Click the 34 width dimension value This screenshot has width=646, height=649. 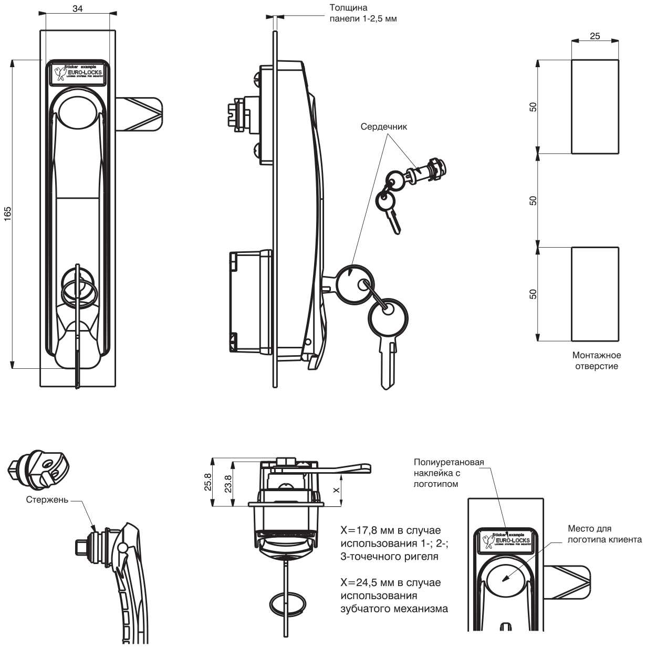tap(77, 8)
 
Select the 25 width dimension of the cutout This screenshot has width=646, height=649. tap(595, 36)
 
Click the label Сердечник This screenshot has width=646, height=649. tap(383, 126)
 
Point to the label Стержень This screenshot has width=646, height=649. tap(47, 499)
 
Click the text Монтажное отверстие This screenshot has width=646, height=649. tap(596, 361)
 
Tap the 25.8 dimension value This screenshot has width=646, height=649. tap(207, 482)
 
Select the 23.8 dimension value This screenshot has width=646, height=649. tap(227, 483)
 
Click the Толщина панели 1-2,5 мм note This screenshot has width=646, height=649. tap(362, 13)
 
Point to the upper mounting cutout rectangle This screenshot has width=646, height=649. tap(595, 107)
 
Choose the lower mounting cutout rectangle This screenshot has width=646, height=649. tap(595, 294)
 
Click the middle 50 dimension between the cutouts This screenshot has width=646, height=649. tap(533, 200)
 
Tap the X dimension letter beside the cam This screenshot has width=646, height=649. tap(337, 488)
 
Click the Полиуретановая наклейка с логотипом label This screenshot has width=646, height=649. tap(449, 473)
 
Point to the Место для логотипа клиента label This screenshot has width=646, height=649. tap(604, 534)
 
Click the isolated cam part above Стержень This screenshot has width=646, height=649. tap(39, 468)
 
